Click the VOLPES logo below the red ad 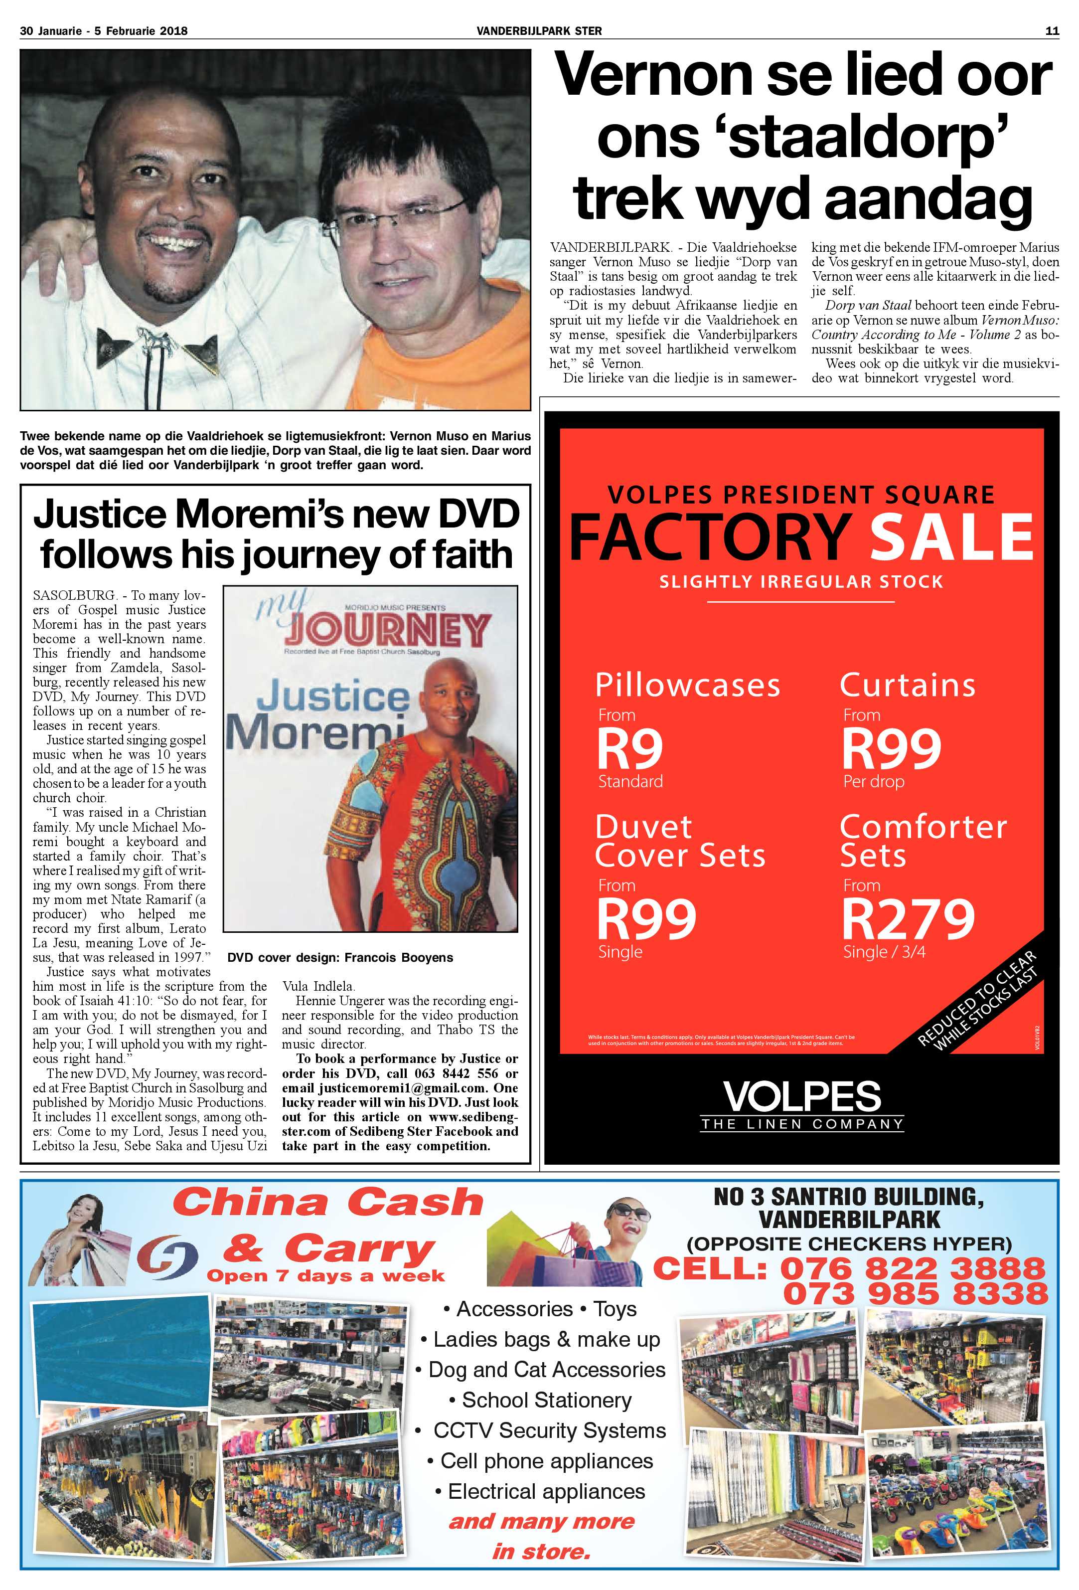pos(802,1097)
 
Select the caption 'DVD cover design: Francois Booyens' pos(340,957)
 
